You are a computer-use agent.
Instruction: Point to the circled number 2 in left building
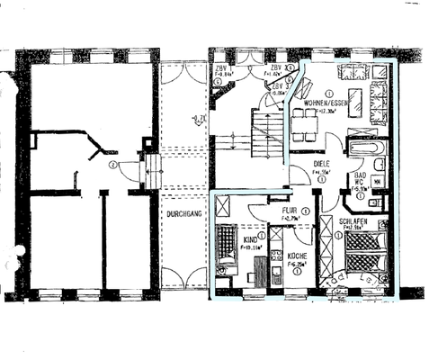click(112, 165)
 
